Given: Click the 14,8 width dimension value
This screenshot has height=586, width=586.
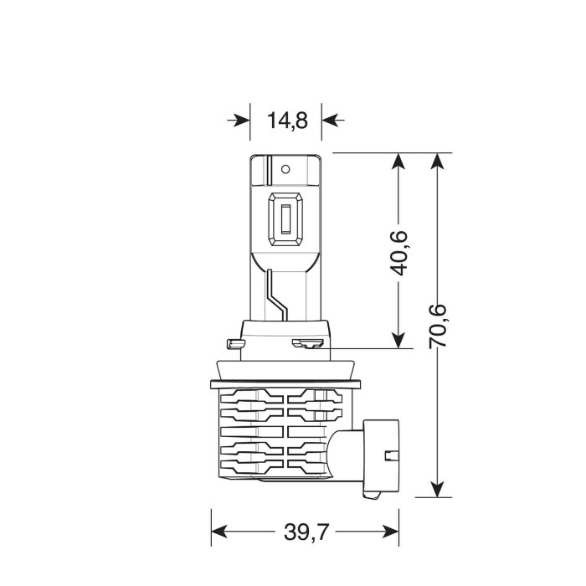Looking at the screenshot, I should tap(287, 120).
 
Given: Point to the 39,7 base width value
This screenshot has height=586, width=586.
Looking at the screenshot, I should tap(303, 532).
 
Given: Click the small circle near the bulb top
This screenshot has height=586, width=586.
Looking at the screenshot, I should tap(285, 169).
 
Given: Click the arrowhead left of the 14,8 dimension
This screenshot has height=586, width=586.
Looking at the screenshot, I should tap(241, 120).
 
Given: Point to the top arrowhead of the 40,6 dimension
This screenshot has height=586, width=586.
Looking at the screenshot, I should tap(399, 162).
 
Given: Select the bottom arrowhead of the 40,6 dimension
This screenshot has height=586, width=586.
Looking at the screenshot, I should tap(399, 338).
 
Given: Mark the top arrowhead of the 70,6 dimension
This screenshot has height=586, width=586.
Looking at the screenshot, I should tap(436, 162).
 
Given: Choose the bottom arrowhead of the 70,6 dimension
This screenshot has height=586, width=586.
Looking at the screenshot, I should tap(436, 488).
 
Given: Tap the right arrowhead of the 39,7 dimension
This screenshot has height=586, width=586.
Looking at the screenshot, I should tap(388, 532).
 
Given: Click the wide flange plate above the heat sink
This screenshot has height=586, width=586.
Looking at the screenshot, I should tap(285, 382).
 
